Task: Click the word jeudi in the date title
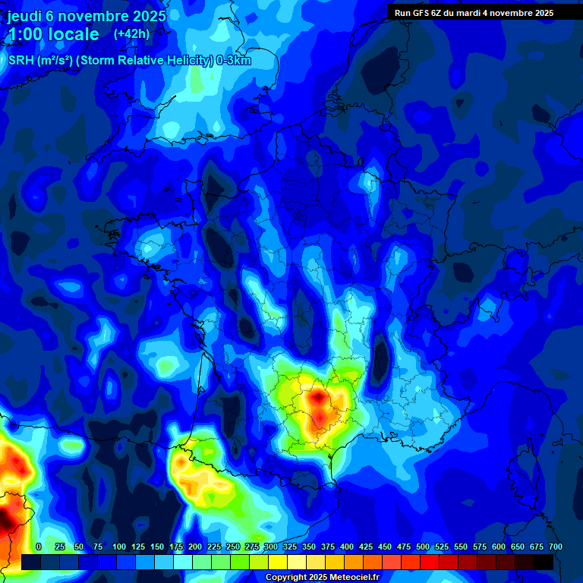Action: click(x=27, y=16)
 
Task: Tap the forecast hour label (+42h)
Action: click(x=131, y=34)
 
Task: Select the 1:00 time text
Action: click(x=27, y=34)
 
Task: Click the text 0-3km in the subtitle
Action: click(x=234, y=61)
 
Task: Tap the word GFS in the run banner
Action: click(x=422, y=13)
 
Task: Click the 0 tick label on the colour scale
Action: click(x=39, y=547)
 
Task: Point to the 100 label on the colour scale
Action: click(x=119, y=547)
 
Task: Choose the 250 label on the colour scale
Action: click(x=233, y=547)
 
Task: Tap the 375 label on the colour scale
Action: click(x=328, y=547)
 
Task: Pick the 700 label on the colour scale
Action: click(x=556, y=547)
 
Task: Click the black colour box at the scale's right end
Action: click(x=544, y=562)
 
